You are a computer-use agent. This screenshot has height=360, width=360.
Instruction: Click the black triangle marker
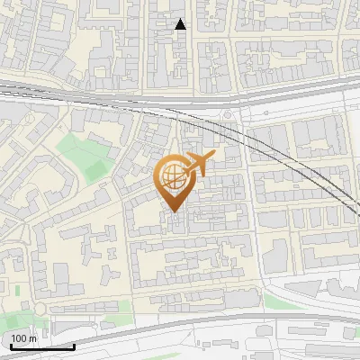(180, 24)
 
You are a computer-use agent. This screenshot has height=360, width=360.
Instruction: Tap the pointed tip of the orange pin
(174, 211)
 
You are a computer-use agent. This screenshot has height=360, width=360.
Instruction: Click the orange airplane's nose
(213, 157)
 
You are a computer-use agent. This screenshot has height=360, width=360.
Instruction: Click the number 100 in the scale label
(19, 338)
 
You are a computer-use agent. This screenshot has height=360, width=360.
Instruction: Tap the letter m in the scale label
(32, 338)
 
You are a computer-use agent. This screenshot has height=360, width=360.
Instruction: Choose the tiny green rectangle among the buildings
(17, 290)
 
